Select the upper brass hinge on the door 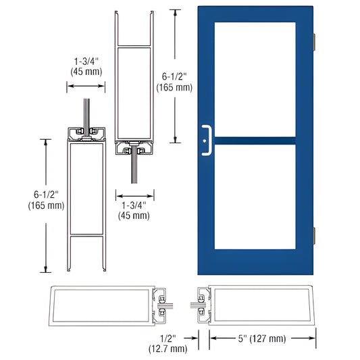coord(315,41)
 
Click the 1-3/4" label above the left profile coord(85,65)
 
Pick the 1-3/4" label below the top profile coord(133,210)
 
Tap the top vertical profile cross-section coord(133,88)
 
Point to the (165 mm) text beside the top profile coord(174,87)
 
